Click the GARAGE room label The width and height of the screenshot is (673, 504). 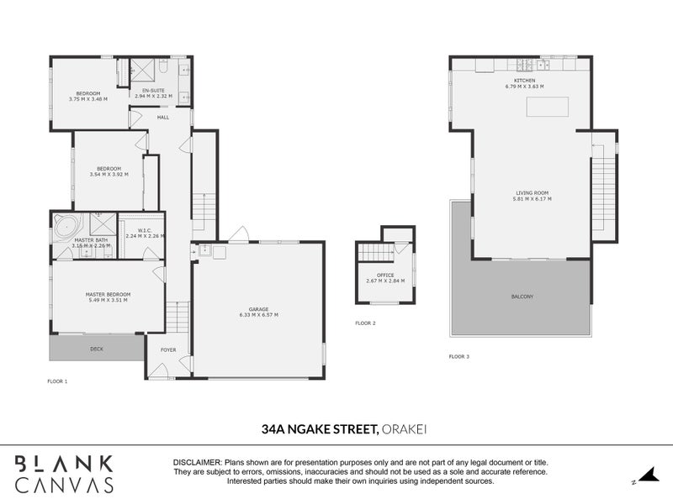click(257, 309)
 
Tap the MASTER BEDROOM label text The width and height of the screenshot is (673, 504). click(106, 294)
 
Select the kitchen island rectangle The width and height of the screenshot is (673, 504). click(548, 108)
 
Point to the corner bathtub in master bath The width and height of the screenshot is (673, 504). click(66, 226)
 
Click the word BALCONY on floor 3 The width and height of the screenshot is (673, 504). click(522, 297)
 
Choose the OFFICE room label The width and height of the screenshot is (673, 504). click(385, 275)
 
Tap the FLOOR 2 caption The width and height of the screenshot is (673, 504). click(365, 323)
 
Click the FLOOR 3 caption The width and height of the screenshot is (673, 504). click(459, 357)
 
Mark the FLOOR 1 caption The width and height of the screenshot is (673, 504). click(57, 381)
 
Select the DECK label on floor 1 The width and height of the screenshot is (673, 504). click(98, 348)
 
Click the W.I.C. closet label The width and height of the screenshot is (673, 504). click(144, 230)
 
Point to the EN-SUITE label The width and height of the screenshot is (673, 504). click(153, 90)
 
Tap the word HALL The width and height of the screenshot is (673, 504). click(163, 117)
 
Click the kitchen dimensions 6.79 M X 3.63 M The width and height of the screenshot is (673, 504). click(524, 87)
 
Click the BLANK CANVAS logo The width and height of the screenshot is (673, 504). click(64, 473)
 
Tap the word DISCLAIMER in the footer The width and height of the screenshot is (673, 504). click(196, 463)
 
